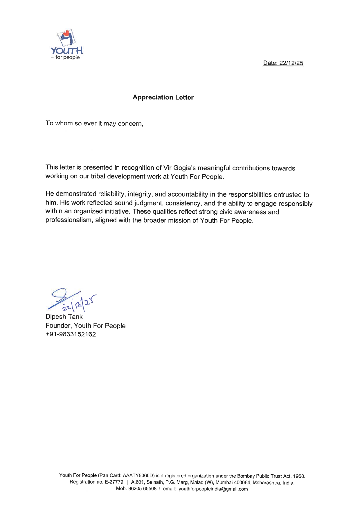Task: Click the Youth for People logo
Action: (x=67, y=45)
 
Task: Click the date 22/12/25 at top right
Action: (x=291, y=63)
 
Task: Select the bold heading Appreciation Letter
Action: (x=163, y=97)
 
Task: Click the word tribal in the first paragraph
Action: (x=98, y=176)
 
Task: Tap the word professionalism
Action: (x=69, y=220)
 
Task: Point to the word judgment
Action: (x=148, y=203)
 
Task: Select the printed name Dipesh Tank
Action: (x=64, y=317)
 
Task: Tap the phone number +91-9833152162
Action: (x=71, y=334)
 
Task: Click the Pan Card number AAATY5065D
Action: (x=138, y=476)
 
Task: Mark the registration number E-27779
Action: (x=115, y=482)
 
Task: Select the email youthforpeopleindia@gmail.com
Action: (x=213, y=489)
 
